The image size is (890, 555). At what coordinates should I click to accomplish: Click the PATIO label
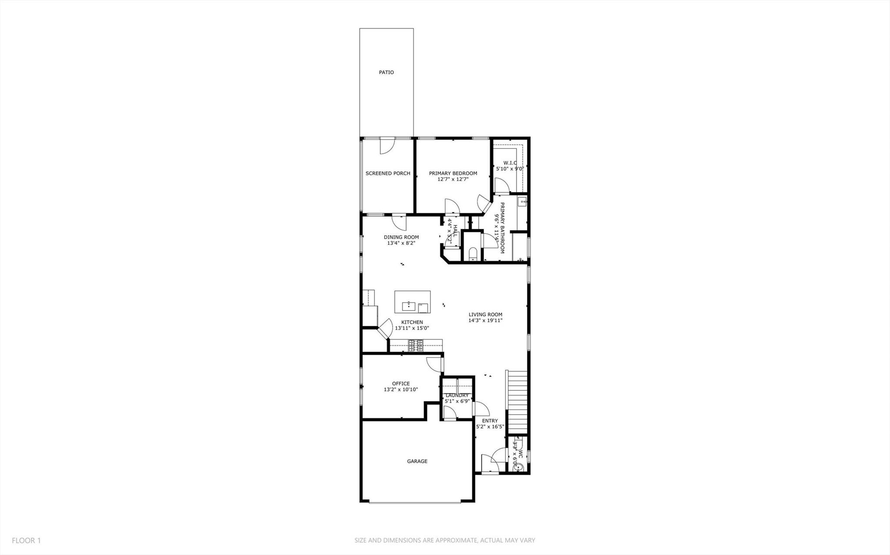point(386,73)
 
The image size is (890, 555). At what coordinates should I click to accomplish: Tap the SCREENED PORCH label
point(388,173)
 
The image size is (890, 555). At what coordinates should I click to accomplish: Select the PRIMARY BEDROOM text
point(453,173)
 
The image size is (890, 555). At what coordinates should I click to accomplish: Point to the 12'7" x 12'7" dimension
point(453,179)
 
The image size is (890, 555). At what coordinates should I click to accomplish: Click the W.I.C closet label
point(510,163)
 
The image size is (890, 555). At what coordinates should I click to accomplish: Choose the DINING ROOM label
point(401,237)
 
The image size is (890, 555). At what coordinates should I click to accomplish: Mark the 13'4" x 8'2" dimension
point(401,243)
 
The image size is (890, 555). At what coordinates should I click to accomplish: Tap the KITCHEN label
point(412,322)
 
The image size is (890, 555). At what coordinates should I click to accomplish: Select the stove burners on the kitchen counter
point(416,346)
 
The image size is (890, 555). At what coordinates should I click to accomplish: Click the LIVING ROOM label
point(485,314)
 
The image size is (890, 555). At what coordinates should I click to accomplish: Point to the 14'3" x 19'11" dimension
point(485,320)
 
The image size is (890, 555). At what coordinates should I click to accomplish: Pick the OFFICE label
point(401,383)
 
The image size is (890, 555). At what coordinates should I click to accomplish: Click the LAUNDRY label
point(457,395)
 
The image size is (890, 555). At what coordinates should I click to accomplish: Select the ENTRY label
point(490,421)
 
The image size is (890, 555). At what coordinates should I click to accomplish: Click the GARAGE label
point(417,461)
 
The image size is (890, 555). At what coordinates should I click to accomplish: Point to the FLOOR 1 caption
point(26,541)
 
